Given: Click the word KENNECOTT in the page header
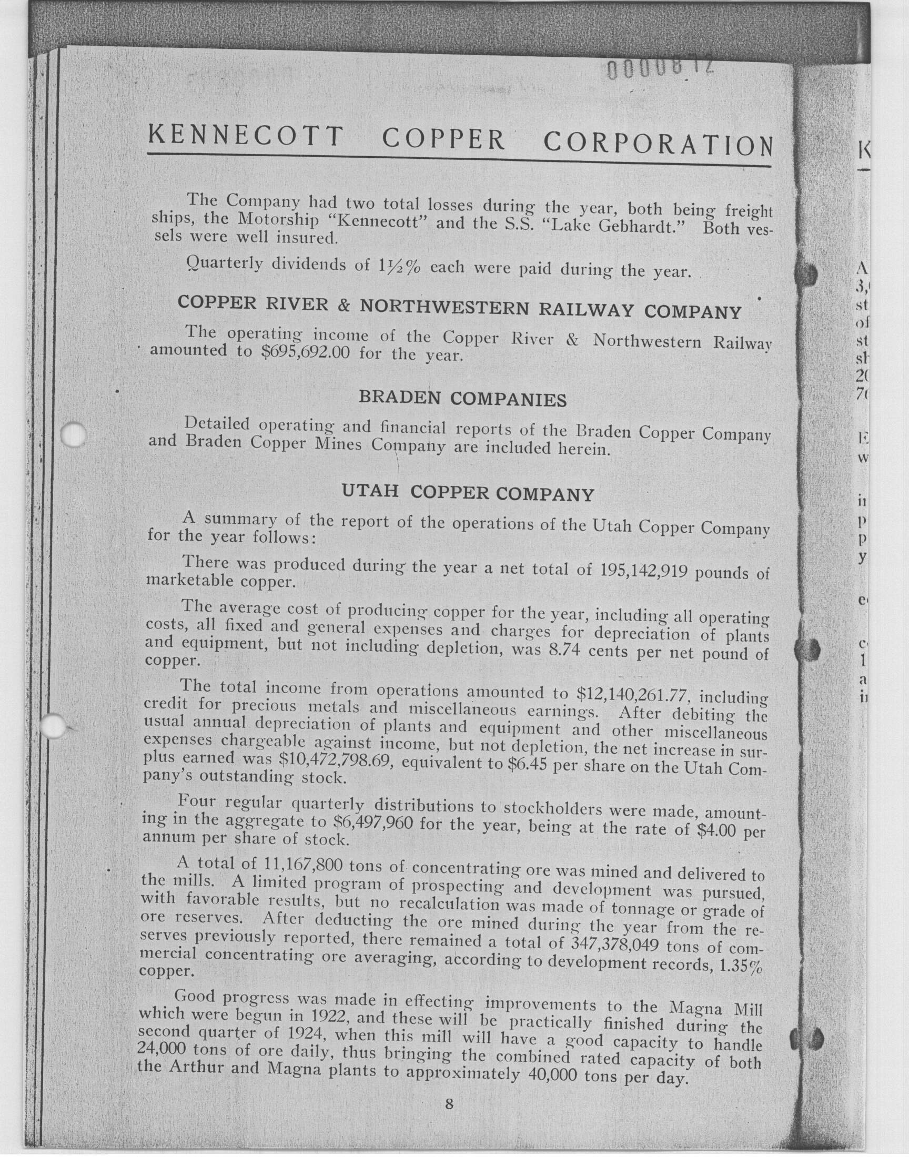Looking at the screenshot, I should (245, 136).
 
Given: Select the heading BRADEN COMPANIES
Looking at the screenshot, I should (462, 399).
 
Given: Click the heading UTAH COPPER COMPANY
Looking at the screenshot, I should (467, 493).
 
